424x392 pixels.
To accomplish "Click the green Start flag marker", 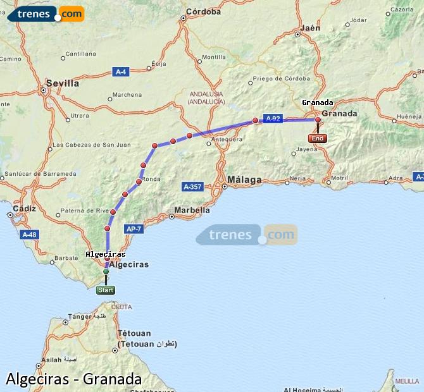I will point(106,290).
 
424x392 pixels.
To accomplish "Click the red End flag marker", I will point(317,138).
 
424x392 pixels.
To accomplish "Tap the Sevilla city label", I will point(63,83).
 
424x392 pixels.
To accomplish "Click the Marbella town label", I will point(192,210).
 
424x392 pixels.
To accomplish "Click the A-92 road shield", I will point(273,118).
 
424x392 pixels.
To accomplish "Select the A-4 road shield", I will point(121,72).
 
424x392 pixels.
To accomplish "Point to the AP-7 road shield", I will point(134,228).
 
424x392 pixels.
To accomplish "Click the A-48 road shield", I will point(29,235).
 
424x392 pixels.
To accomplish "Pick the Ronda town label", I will point(152,180).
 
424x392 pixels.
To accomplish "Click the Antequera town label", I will point(227,139).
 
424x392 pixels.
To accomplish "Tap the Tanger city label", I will point(80,317).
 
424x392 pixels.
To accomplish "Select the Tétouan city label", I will point(134,333).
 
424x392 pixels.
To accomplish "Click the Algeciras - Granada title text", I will point(73,379).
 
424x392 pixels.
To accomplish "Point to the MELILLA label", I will point(406,381).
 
